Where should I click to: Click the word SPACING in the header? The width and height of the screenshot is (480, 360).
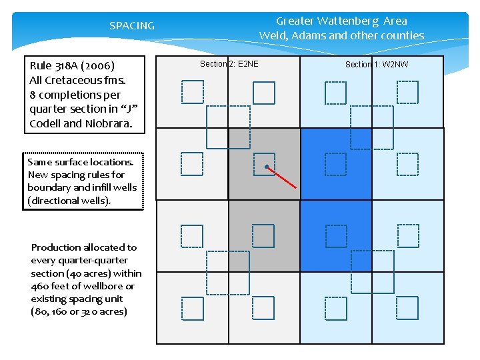click(131, 26)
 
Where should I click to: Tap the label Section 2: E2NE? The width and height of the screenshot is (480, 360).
click(229, 64)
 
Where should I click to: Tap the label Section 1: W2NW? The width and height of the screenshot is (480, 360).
click(377, 64)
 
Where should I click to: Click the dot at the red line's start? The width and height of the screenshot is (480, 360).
click(266, 166)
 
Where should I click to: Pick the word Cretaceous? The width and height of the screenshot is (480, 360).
click(75, 80)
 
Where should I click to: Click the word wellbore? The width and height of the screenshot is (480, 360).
click(107, 286)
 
